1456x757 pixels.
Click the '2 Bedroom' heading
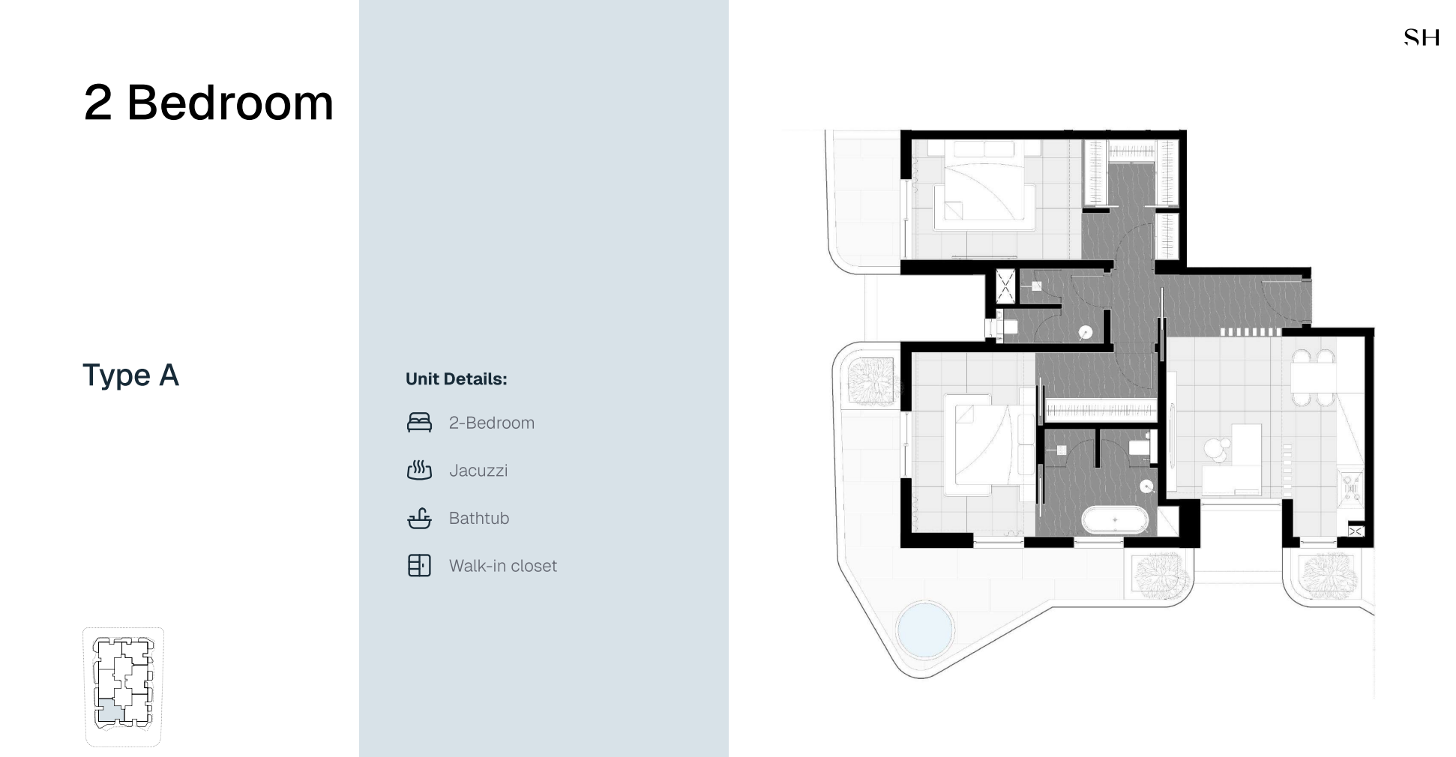(208, 103)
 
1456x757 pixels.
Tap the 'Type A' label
(130, 375)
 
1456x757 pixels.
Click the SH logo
(1422, 37)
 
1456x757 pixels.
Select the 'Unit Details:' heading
(456, 379)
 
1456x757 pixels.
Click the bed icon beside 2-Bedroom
(419, 423)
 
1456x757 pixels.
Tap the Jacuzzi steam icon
(419, 470)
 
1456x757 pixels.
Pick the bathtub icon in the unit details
(419, 518)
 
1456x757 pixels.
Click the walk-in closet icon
(419, 566)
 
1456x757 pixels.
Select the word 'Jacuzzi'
(478, 471)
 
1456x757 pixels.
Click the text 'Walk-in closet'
(503, 566)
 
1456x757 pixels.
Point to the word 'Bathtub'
(479, 518)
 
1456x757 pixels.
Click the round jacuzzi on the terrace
(925, 629)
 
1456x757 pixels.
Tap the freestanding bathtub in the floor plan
(1115, 520)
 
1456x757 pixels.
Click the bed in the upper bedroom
(984, 187)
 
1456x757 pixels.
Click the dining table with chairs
(1314, 379)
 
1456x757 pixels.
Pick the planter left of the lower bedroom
(871, 381)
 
